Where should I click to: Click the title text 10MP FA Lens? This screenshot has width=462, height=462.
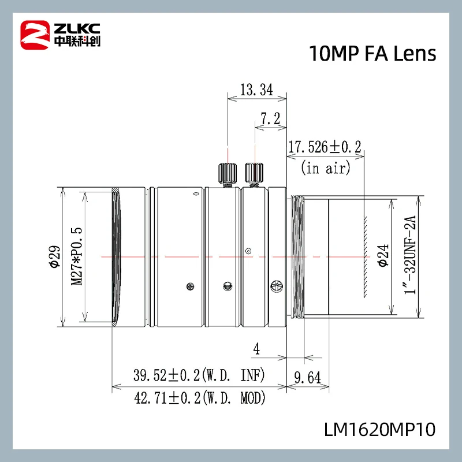pyautogui.click(x=372, y=53)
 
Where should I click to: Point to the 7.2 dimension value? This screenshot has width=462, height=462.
pyautogui.click(x=270, y=118)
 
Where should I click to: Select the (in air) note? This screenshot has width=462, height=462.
pyautogui.click(x=325, y=168)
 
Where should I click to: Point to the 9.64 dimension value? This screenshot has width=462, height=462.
pyautogui.click(x=307, y=378)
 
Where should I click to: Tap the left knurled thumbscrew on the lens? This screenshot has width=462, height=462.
pyautogui.click(x=228, y=173)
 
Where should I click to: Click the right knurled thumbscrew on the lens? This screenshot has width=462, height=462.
pyautogui.click(x=254, y=173)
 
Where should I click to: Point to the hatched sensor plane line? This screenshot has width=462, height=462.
pyautogui.click(x=365, y=256)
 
